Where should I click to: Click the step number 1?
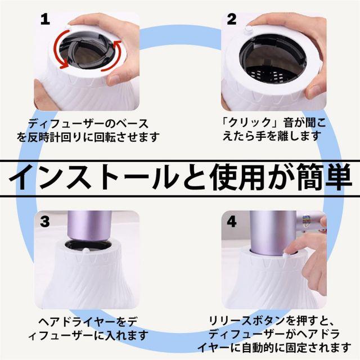point(45,20)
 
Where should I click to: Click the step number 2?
point(231,20)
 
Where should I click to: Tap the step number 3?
point(45,222)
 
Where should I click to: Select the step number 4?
point(232,222)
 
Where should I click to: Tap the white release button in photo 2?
point(249,29)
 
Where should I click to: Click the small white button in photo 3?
point(86,250)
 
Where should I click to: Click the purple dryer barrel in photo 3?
point(89,226)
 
